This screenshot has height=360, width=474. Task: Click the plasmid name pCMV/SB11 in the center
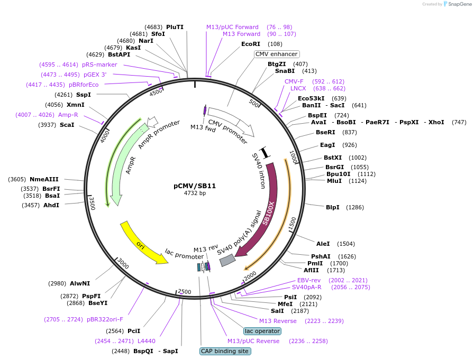pyautogui.click(x=195, y=186)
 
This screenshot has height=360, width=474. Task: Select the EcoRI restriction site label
pyautogui.click(x=251, y=44)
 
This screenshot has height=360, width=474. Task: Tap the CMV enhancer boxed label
pyautogui.click(x=277, y=54)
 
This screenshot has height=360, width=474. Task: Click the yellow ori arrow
pyautogui.click(x=140, y=244)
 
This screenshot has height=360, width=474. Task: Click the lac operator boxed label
pyautogui.click(x=262, y=331)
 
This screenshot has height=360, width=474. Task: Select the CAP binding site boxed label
pyautogui.click(x=225, y=351)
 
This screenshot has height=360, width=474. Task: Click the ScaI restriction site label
pyautogui.click(x=67, y=125)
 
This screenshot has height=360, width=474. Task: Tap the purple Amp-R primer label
pyautogui.click(x=68, y=115)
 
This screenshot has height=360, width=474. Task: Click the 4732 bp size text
pyautogui.click(x=195, y=193)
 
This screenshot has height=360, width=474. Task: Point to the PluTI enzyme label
pyautogui.click(x=175, y=27)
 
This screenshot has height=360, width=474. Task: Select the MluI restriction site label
pyautogui.click(x=334, y=181)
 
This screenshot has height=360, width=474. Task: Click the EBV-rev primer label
pyautogui.click(x=309, y=280)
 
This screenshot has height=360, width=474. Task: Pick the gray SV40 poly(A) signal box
pyautogui.click(x=227, y=260)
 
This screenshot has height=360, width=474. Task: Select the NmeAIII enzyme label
pyautogui.click(x=44, y=179)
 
